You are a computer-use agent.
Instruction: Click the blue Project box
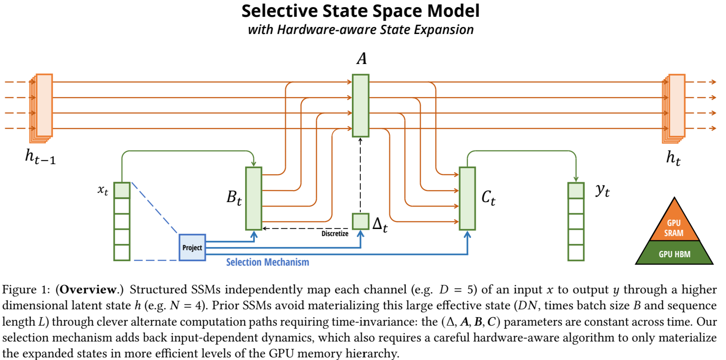pyautogui.click(x=192, y=247)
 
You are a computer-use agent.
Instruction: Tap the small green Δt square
pyautogui.click(x=360, y=221)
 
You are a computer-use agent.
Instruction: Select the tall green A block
pyautogui.click(x=360, y=105)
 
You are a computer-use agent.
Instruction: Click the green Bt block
pyautogui.click(x=254, y=199)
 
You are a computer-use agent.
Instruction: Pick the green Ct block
pyautogui.click(x=467, y=199)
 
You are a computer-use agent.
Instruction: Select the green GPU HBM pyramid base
pyautogui.click(x=674, y=254)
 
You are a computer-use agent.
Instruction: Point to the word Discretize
pyautogui.click(x=335, y=233)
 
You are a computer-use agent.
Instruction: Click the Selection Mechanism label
pyautogui.click(x=267, y=262)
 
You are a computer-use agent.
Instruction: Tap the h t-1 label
pyautogui.click(x=40, y=157)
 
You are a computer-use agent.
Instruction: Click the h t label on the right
pyautogui.click(x=673, y=157)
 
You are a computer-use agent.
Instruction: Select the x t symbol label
pyautogui.click(x=103, y=190)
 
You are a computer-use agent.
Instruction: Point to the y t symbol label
pyautogui.click(x=603, y=190)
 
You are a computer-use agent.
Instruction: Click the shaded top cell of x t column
pyautogui.click(x=122, y=191)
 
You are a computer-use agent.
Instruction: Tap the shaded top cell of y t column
pyautogui.click(x=576, y=191)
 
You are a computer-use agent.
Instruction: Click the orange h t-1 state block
pyautogui.click(x=44, y=105)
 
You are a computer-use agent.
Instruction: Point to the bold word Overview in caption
pyautogui.click(x=88, y=289)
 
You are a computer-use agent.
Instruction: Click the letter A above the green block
pyautogui.click(x=362, y=59)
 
